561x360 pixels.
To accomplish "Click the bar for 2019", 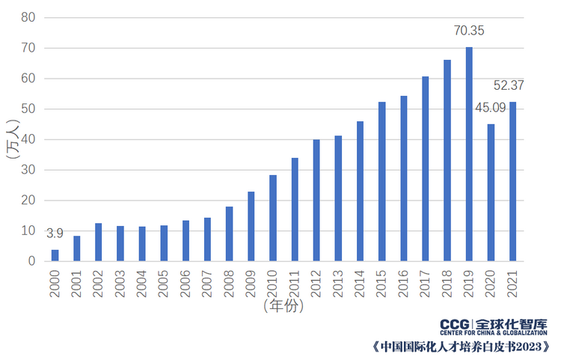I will coord(469,154).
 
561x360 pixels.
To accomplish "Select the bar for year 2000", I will coord(55,255).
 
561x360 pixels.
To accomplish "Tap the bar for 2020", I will coord(491,192).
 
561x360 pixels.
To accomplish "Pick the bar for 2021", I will coord(512,181).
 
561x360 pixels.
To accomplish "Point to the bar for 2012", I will coord(316,200).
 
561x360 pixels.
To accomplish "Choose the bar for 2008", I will coord(229,234).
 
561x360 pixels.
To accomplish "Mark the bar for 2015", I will coord(381,181).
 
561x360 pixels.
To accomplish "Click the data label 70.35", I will coord(470,31).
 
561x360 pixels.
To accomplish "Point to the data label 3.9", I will coord(55,234).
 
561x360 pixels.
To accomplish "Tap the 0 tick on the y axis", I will coord(32,261).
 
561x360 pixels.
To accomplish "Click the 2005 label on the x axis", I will coord(164,283).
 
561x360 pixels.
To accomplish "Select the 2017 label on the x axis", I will coord(426,283).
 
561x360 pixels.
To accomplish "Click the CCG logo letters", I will coord(455,324).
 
